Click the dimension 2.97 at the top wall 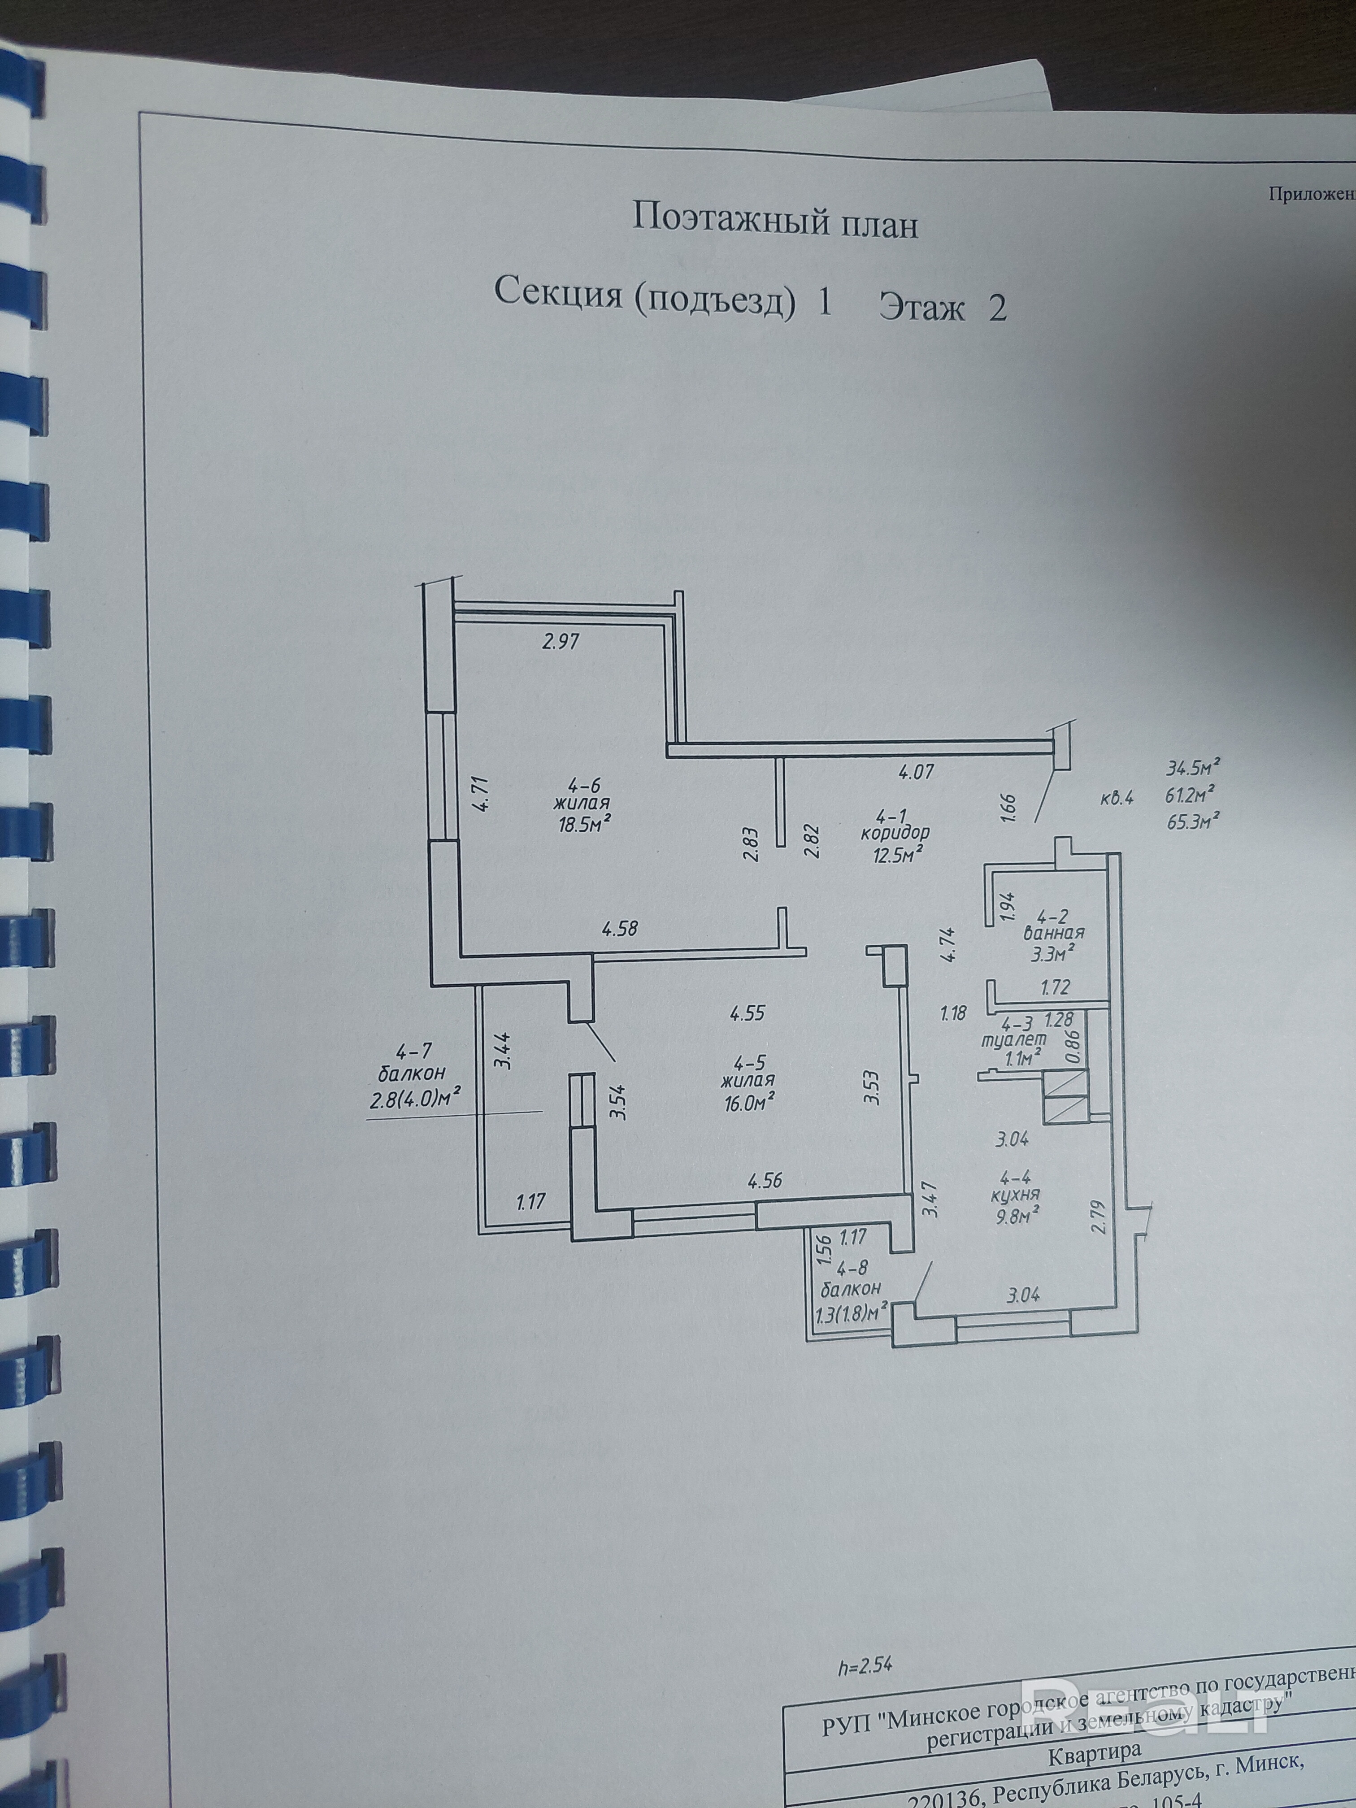coord(561,642)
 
